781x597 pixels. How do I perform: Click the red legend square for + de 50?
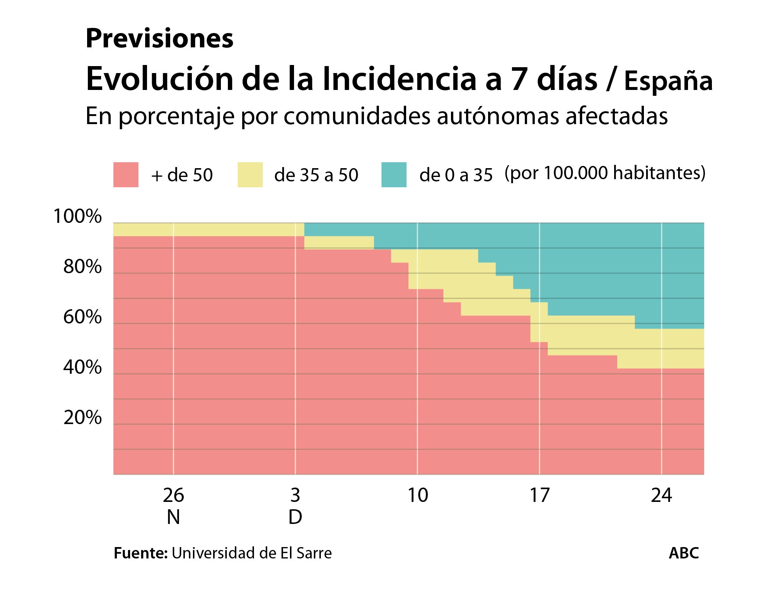click(x=126, y=175)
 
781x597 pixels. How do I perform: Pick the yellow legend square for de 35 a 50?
click(x=250, y=175)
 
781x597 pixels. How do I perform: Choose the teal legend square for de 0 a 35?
click(x=394, y=175)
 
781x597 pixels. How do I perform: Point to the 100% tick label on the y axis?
click(x=78, y=217)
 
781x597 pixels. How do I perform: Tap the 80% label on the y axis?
click(x=82, y=267)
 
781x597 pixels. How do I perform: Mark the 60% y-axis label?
click(x=82, y=317)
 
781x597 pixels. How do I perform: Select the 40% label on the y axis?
click(x=82, y=368)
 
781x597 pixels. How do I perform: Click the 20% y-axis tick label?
click(x=82, y=418)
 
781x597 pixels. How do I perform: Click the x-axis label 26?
click(x=173, y=496)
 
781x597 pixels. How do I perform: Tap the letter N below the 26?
click(x=173, y=518)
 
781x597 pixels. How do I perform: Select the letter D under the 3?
click(x=295, y=518)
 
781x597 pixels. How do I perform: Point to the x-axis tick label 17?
click(x=539, y=496)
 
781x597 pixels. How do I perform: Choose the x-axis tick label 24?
click(x=661, y=496)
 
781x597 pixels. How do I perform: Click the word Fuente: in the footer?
click(x=141, y=553)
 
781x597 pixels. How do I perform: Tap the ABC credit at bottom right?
click(x=684, y=553)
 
